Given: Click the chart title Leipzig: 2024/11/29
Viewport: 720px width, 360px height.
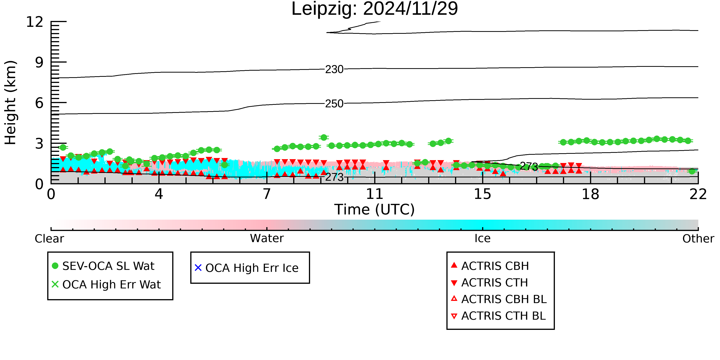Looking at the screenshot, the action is pos(375,9).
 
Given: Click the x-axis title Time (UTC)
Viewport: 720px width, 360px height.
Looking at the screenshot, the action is pos(375,210).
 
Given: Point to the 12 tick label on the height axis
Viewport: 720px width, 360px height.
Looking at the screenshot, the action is pos(35,22).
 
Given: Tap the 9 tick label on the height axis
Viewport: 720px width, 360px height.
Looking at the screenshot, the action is pos(39,62).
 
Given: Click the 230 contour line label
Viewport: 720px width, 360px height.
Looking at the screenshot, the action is pos(334,69).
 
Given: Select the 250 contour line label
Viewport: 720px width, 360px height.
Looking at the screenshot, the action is pos(334,104).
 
